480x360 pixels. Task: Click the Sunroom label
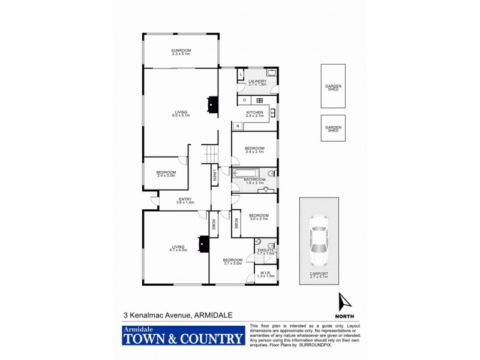(180, 52)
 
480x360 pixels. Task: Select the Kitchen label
(255, 114)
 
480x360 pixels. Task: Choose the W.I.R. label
(266, 275)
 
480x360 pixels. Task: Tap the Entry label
(184, 202)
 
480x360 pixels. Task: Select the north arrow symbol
(344, 302)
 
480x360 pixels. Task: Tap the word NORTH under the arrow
(344, 316)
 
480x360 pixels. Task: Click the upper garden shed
(333, 88)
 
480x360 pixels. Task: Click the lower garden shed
(333, 128)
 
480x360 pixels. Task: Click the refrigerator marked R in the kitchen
(238, 126)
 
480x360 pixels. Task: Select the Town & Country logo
(183, 336)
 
